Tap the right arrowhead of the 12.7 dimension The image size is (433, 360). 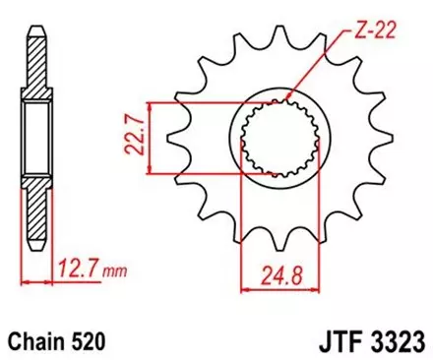tap(46, 279)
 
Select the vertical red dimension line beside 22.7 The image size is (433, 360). tap(149, 138)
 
